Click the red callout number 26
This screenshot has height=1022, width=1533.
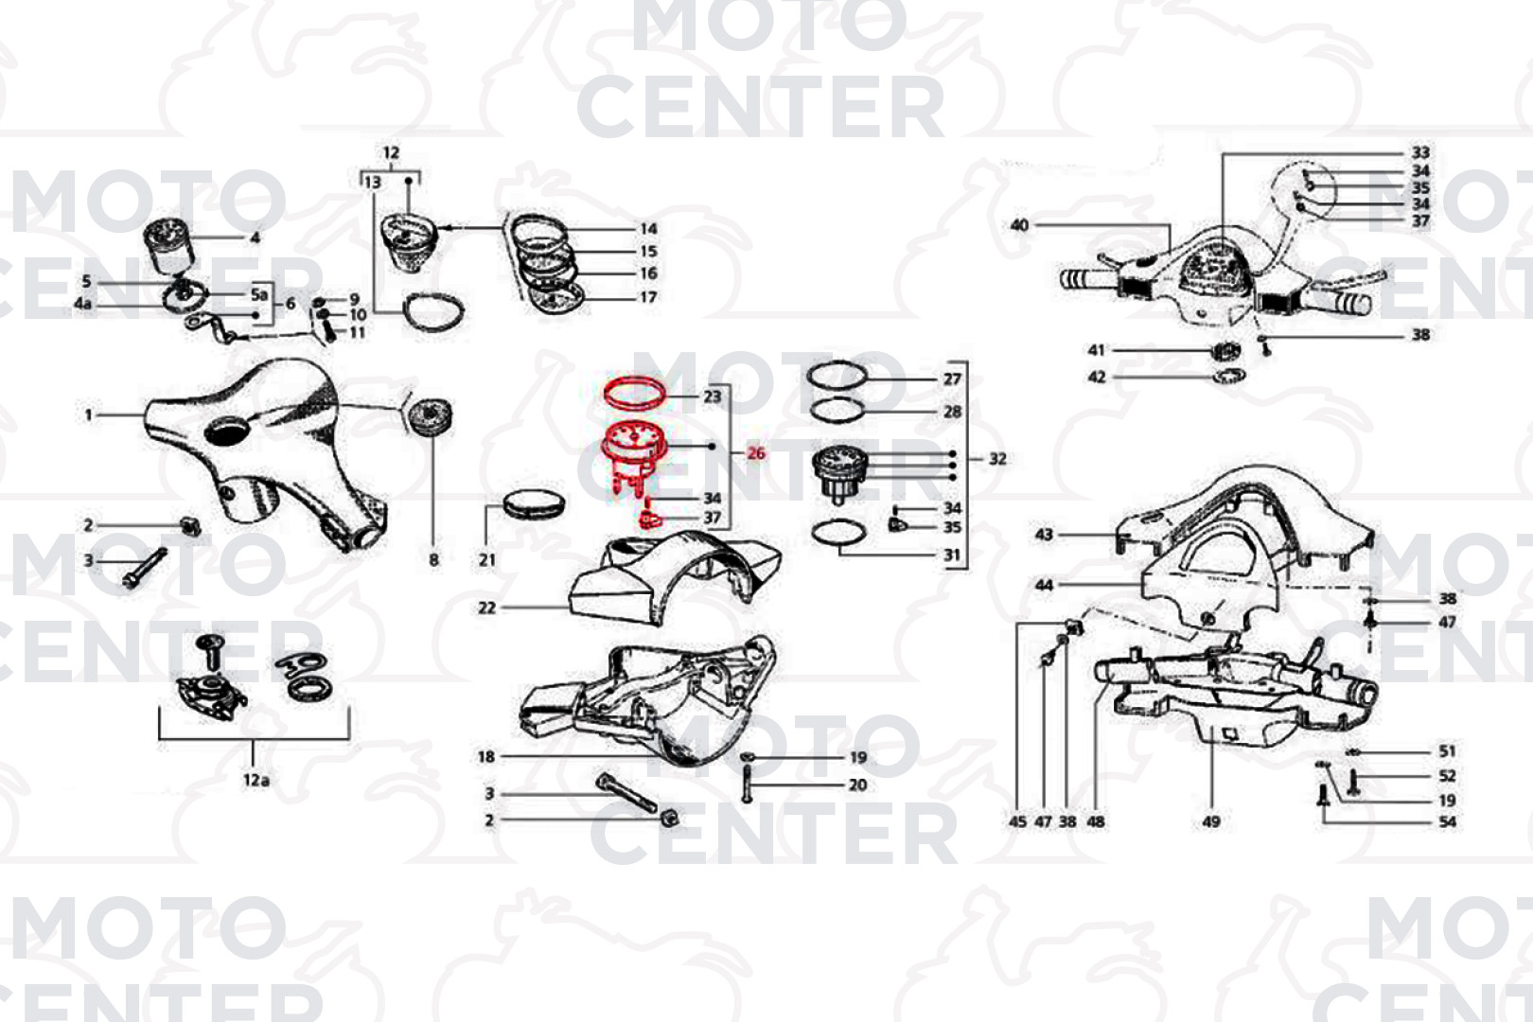(x=755, y=453)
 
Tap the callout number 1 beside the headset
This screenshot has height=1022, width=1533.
(x=88, y=414)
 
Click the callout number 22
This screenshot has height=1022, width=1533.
(x=486, y=608)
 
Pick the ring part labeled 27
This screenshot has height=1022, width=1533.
(x=837, y=376)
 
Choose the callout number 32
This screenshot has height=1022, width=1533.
(x=997, y=459)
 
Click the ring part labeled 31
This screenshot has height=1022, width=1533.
(x=838, y=532)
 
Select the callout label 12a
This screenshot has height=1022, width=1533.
(x=255, y=780)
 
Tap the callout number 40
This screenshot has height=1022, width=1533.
(x=1019, y=225)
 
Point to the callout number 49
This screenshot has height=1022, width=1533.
(x=1210, y=820)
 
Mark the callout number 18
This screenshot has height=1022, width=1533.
(x=485, y=756)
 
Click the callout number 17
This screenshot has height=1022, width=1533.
(x=648, y=298)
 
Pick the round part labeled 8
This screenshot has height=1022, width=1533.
(x=430, y=417)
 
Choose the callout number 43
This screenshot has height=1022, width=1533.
(x=1044, y=534)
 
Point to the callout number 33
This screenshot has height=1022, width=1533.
(x=1420, y=152)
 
